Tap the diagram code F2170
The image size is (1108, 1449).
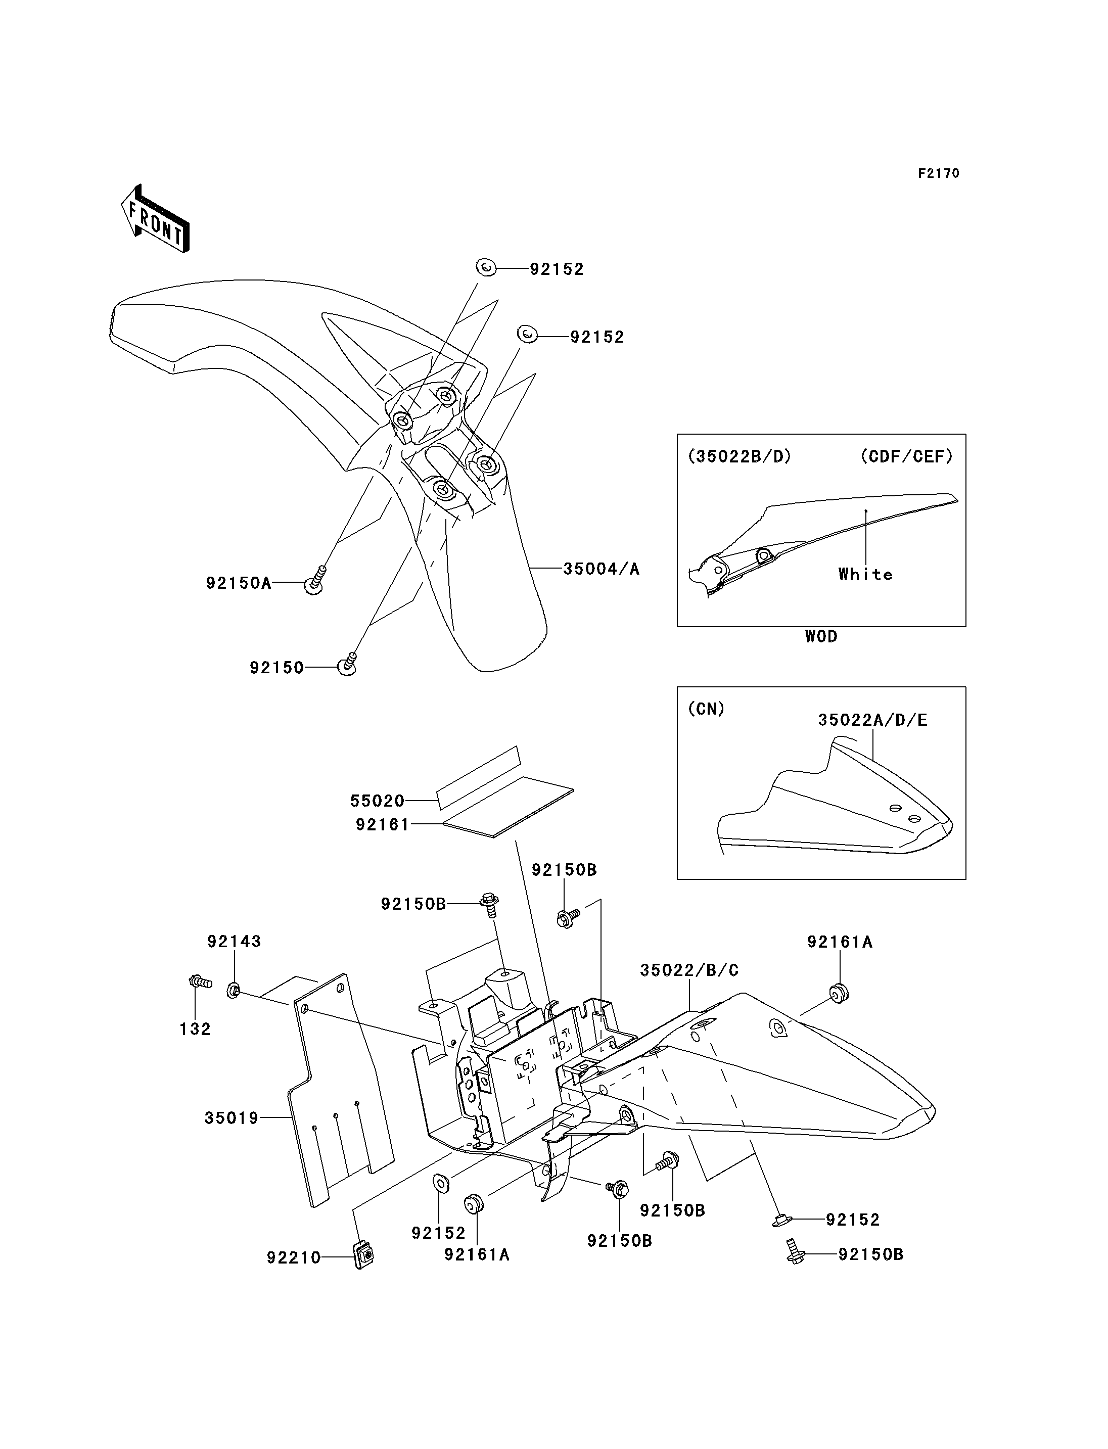tap(939, 173)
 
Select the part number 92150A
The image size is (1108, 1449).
tap(239, 583)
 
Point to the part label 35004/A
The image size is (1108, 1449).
tap(601, 569)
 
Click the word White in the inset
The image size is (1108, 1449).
tap(865, 575)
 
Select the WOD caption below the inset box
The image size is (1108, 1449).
tap(821, 636)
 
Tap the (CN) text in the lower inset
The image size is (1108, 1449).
tap(706, 709)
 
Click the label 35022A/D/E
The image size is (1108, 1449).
tap(872, 720)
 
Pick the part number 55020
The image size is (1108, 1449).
tap(377, 801)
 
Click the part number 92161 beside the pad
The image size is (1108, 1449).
tap(383, 824)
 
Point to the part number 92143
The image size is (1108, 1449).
tap(234, 942)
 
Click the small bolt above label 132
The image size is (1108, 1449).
tap(200, 982)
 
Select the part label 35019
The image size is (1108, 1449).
tap(232, 1118)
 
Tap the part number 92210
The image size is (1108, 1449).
tap(294, 1258)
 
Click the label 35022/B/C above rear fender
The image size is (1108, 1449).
tap(689, 970)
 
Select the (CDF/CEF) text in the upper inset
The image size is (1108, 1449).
tap(907, 456)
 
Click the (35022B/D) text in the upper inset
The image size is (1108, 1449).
tap(740, 456)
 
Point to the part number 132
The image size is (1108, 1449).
tap(195, 1029)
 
